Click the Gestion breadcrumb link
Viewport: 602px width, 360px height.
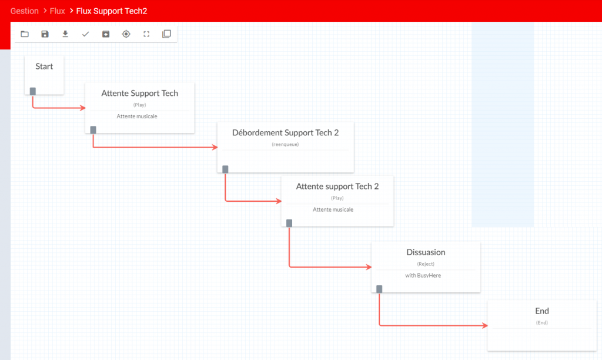tap(25, 11)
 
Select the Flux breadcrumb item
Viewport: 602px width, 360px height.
tap(57, 11)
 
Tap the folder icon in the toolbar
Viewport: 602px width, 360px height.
tap(25, 34)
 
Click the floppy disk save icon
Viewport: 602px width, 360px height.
tap(45, 34)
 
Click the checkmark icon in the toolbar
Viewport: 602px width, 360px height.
tap(85, 34)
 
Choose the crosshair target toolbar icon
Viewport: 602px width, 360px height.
tap(126, 34)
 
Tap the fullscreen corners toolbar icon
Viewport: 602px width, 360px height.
tap(146, 34)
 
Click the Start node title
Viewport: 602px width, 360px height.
tap(44, 66)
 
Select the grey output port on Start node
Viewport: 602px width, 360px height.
tap(33, 91)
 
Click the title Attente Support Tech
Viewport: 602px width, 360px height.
tap(140, 93)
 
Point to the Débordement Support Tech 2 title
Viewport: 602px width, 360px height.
tap(285, 132)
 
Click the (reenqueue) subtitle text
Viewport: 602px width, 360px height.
tap(285, 145)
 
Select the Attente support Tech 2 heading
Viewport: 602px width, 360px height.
tap(337, 186)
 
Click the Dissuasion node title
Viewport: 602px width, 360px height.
tap(426, 252)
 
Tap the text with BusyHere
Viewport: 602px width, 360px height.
tap(423, 275)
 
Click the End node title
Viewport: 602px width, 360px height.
tap(541, 311)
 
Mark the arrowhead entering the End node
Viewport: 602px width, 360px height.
tap(485, 325)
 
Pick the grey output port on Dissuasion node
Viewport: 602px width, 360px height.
tap(379, 289)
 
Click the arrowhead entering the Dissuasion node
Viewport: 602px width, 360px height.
tap(369, 266)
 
